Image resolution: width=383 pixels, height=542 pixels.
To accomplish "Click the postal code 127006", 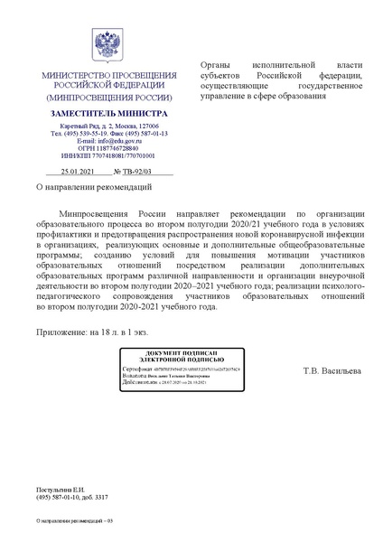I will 145,126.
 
